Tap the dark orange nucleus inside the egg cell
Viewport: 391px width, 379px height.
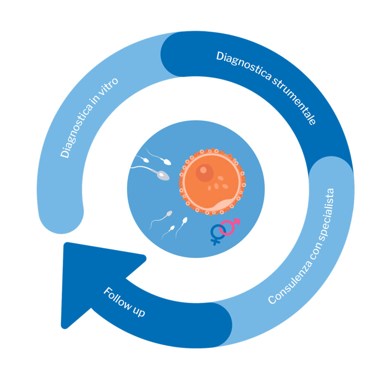(205, 173)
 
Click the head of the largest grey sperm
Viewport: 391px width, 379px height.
(163, 175)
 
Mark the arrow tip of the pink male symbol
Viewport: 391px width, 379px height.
(238, 220)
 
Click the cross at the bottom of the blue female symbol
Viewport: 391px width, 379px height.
(216, 241)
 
